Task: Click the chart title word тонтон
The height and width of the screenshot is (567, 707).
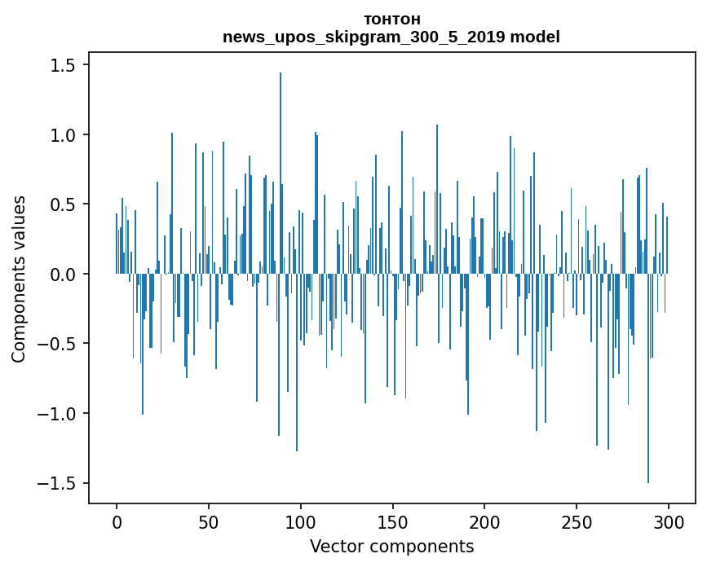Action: coord(391,20)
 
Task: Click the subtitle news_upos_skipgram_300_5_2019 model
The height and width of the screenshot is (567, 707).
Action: coord(391,37)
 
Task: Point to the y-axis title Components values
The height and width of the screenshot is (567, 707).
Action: coord(19,279)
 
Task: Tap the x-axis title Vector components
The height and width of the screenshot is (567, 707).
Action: coord(391,546)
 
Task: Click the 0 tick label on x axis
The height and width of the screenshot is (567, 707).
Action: coord(117,521)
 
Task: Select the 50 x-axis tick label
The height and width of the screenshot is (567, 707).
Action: coord(209,521)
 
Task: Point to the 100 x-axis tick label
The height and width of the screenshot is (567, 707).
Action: coord(301,521)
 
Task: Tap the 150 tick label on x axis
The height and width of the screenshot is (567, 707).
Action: coord(393,521)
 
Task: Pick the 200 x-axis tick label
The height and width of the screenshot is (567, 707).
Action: coord(484,521)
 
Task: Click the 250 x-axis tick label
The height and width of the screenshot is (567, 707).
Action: coord(577,521)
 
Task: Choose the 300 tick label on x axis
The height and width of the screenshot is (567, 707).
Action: coord(669,521)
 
